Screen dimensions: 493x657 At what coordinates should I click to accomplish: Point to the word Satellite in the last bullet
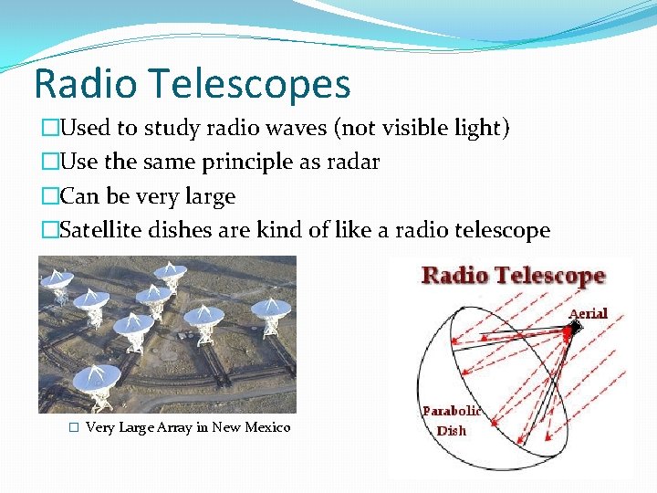tap(98, 230)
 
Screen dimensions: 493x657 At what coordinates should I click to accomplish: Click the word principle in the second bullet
tap(246, 162)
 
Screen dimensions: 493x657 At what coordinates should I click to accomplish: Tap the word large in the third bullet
tap(210, 196)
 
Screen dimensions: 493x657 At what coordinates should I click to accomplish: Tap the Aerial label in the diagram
tap(588, 314)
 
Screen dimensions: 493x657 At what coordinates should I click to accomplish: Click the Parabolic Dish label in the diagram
tap(451, 421)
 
